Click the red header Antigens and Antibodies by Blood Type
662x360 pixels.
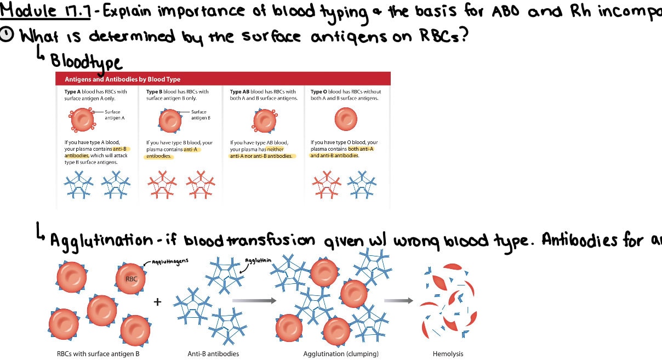coord(122,79)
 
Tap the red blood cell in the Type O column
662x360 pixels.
coord(346,118)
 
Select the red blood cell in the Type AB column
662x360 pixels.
coord(265,120)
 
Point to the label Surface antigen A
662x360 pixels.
coord(115,115)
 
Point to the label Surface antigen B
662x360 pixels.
coord(201,115)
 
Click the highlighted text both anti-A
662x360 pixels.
coord(360,149)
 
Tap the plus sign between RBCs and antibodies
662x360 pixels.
coord(158,301)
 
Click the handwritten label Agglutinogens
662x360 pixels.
coord(170,261)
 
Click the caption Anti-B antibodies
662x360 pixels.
coord(213,353)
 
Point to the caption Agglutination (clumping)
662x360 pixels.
coord(341,353)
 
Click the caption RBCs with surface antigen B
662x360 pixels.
coord(98,353)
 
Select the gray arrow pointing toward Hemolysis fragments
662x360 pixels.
coord(398,300)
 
